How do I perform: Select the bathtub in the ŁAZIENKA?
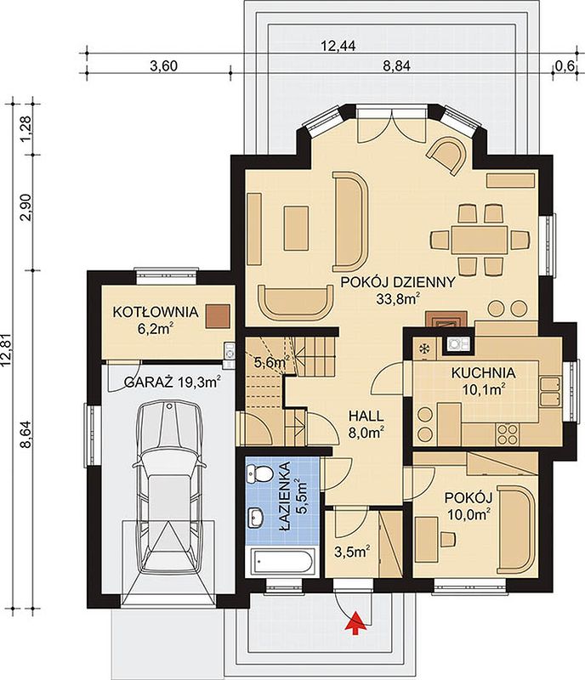(283, 562)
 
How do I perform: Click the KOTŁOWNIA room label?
(156, 312)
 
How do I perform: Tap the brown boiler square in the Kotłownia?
(218, 315)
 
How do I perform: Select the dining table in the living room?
(479, 240)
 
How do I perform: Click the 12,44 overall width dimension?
(338, 45)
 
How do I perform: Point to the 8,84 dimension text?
(396, 66)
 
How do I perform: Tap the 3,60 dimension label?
(163, 66)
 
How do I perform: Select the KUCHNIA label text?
(484, 372)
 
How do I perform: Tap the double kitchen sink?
(550, 391)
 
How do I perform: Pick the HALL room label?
(366, 416)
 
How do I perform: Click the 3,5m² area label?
(352, 552)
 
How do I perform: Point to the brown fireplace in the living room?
(446, 319)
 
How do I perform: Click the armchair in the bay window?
(446, 156)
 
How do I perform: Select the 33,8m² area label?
(398, 298)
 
